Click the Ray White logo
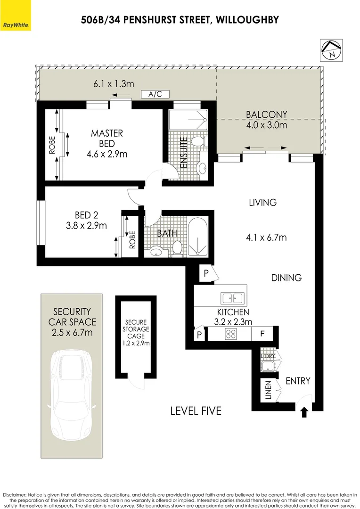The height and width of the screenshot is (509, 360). point(16,15)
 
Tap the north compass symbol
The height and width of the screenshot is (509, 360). point(331,50)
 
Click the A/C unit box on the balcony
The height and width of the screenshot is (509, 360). point(155,94)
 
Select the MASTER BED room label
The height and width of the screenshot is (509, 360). point(107,138)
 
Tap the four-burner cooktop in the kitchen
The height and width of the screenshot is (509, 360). point(231,334)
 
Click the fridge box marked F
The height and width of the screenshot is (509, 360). point(262,334)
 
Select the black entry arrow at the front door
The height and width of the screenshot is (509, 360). point(304,412)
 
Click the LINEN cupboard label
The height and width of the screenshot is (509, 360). point(268,390)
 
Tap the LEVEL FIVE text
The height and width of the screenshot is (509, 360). point(196,410)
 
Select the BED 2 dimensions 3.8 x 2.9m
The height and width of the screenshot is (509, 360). point(86,226)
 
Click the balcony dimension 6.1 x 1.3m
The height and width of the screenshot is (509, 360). point(114,84)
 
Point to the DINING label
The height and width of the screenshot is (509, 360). point(286,278)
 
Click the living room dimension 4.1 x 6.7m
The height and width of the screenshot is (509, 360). point(266,238)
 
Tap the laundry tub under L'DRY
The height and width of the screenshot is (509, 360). point(268,366)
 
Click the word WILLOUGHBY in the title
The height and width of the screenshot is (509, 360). point(247,20)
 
